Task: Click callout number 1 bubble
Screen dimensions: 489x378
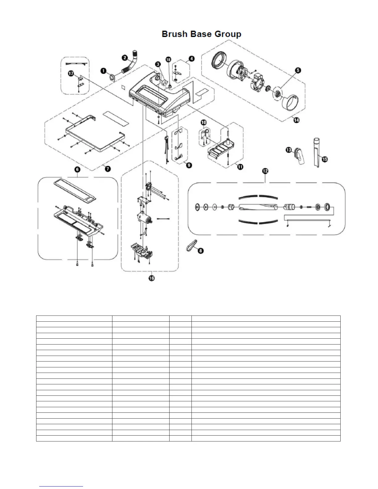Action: tap(104, 71)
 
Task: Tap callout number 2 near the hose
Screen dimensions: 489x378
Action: tap(124, 57)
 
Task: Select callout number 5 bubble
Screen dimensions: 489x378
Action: tap(298, 71)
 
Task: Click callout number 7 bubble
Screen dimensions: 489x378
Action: tap(108, 169)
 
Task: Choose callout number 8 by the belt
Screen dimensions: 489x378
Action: tap(200, 251)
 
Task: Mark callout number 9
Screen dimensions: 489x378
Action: tap(189, 165)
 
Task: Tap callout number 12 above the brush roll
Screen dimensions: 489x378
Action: tap(265, 171)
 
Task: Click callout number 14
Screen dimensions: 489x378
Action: tap(296, 120)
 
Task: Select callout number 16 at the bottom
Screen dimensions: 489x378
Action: tap(151, 278)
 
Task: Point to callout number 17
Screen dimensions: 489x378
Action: tap(71, 73)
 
